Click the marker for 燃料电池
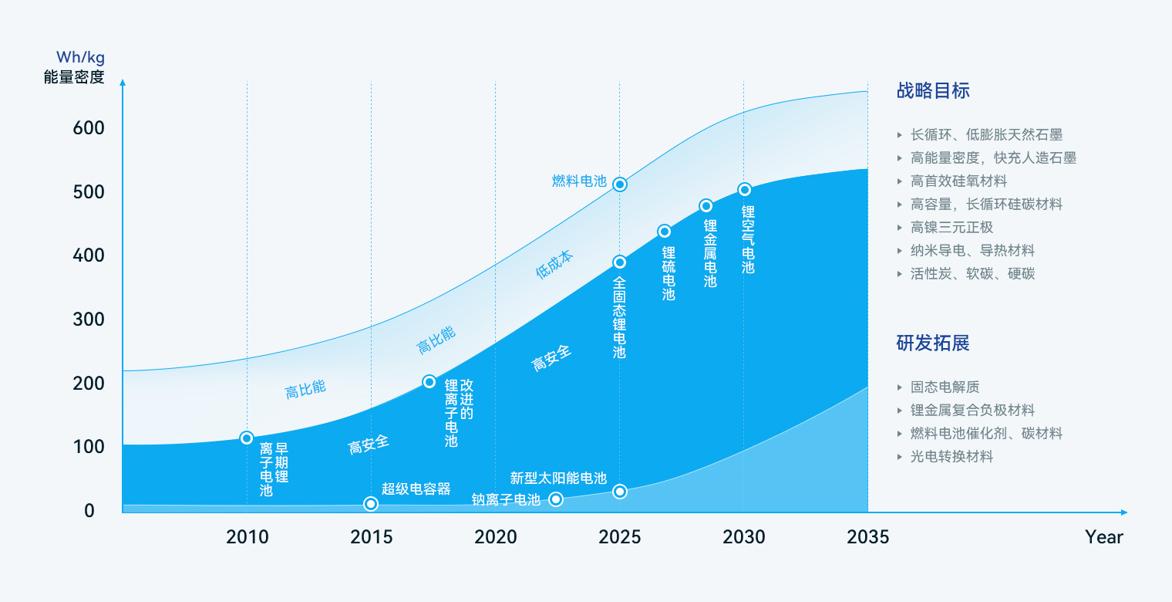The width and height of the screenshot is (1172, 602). pos(619,184)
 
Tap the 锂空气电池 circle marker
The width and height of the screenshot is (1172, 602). pos(744,190)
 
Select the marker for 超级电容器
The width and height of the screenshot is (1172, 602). pos(371,504)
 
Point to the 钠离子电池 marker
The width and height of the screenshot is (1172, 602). pos(555,499)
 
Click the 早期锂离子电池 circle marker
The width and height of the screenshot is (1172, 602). pos(247,438)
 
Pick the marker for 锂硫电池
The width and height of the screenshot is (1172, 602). pos(664,232)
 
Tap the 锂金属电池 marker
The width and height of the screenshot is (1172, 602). pos(706,206)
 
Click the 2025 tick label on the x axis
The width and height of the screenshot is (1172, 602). pos(619,537)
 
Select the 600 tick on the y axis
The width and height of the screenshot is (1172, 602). pos(89,128)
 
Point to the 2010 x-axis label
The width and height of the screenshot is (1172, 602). pos(248,537)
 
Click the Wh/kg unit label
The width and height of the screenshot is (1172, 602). pos(80,57)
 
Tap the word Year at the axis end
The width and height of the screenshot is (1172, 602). pos(1104,537)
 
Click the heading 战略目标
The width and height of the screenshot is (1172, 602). pos(933,90)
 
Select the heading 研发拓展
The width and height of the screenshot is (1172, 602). pos(933,343)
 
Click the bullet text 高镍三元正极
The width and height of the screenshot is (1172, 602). pos(951,227)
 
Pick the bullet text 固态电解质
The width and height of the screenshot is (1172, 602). pos(945,387)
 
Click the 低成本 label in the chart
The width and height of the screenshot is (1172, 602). pos(554,265)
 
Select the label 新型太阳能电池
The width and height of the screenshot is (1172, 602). pos(558,478)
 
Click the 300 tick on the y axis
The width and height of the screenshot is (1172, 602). pos(89,320)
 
